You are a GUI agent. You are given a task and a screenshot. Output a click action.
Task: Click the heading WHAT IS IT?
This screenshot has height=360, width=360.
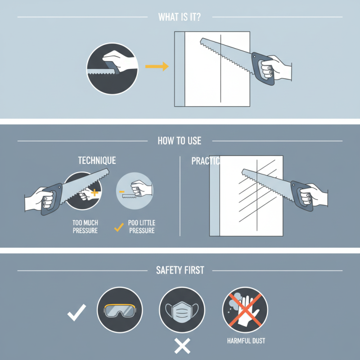[180, 17]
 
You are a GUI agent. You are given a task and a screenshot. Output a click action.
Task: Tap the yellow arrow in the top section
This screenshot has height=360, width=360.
[157, 67]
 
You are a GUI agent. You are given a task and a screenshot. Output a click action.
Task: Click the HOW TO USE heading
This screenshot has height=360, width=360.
[180, 141]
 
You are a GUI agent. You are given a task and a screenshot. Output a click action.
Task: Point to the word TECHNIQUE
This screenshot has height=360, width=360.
[97, 161]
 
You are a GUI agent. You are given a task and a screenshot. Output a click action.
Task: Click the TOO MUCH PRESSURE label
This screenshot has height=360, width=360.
[85, 226]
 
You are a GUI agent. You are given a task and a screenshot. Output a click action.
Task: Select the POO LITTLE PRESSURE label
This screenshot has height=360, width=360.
[141, 227]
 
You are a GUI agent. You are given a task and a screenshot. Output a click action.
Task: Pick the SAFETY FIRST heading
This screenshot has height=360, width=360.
[180, 270]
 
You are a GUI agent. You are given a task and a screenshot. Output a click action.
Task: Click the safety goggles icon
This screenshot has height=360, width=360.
[120, 310]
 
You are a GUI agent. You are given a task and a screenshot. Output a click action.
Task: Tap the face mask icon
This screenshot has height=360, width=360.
[182, 310]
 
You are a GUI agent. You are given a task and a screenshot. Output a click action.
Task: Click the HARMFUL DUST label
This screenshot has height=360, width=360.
[246, 341]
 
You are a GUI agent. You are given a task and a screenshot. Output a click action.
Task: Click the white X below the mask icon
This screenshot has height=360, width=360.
[182, 346]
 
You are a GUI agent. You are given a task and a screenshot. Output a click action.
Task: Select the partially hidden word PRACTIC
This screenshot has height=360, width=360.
[205, 161]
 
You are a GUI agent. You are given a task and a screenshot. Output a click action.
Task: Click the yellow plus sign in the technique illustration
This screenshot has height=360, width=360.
[94, 193]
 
